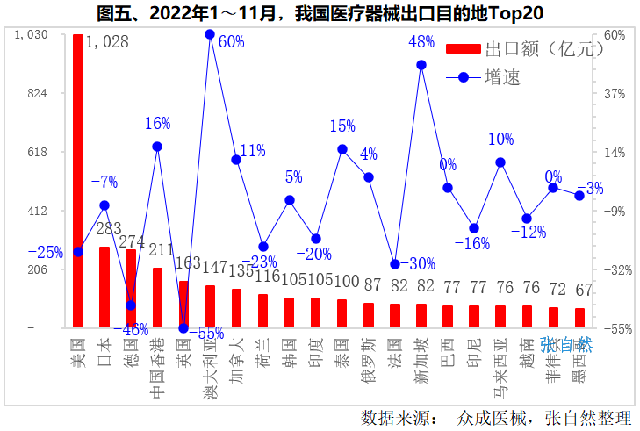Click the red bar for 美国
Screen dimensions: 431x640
[78, 181]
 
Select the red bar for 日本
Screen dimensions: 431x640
[104, 288]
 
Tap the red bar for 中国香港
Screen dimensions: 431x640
[157, 298]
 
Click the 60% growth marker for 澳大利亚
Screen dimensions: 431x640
[210, 34]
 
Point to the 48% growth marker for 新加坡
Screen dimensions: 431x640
[421, 65]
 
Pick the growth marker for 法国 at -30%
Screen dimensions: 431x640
[395, 264]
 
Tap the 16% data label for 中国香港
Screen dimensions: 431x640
[157, 124]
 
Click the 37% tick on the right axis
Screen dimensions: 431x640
[614, 92]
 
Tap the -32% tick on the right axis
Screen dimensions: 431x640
[614, 269]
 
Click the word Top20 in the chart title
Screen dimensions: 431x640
[511, 13]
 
